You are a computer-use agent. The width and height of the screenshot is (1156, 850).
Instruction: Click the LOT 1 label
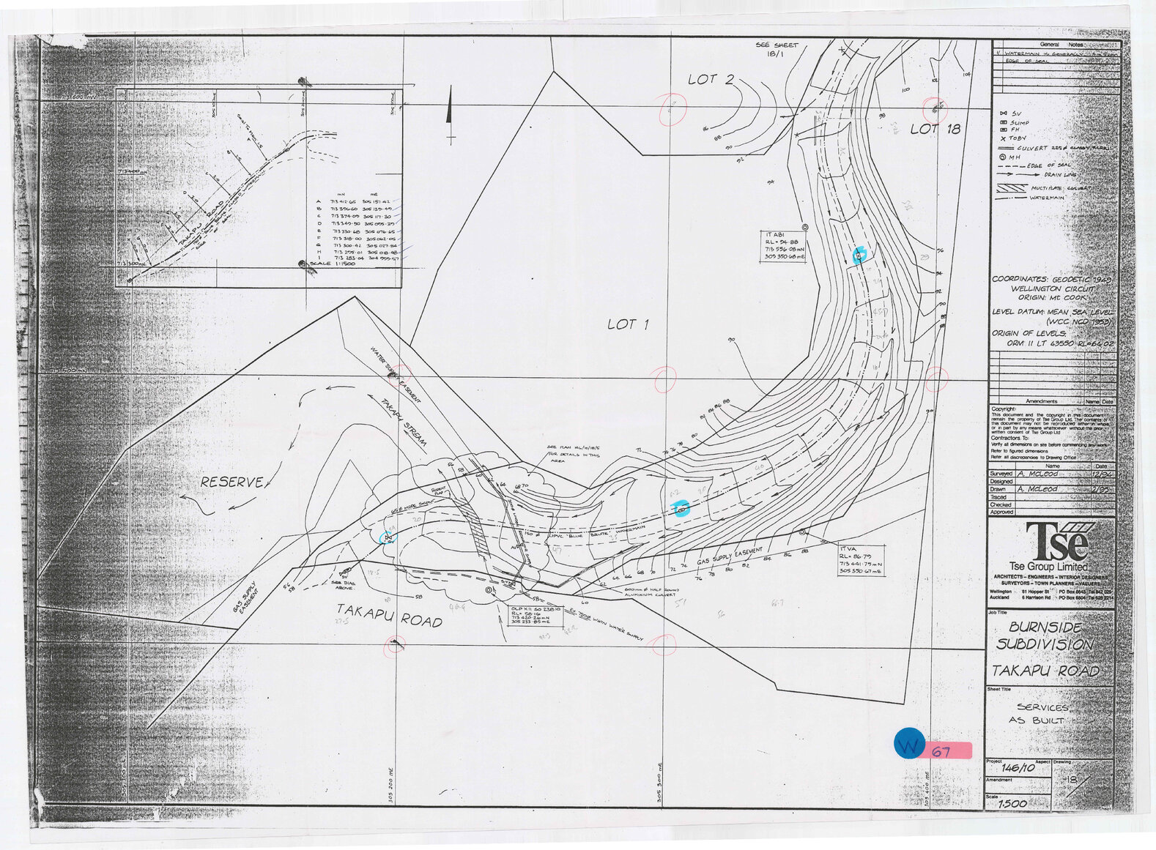(x=627, y=324)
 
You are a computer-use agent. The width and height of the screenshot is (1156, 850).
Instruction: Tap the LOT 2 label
(x=710, y=79)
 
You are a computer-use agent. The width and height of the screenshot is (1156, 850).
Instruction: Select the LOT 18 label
(x=935, y=130)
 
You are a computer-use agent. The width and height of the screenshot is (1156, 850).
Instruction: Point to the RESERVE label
(x=231, y=482)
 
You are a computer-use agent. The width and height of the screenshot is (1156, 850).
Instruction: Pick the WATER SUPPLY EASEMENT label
(x=396, y=373)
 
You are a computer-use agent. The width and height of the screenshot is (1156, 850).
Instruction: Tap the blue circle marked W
(x=910, y=744)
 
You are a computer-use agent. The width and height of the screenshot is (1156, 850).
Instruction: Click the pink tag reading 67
(x=949, y=751)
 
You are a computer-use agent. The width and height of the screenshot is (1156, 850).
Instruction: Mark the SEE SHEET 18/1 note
(x=777, y=49)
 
